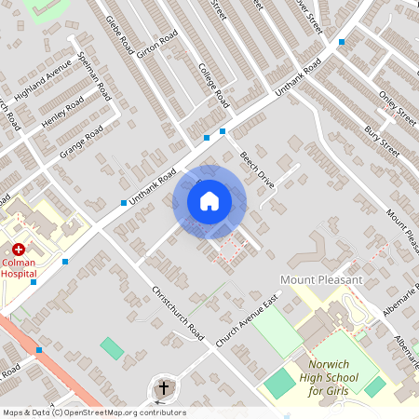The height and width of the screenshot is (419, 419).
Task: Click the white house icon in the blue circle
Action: click(x=209, y=201)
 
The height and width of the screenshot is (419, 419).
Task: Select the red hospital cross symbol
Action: click(x=18, y=250)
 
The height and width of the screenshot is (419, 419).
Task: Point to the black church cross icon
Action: click(x=164, y=386)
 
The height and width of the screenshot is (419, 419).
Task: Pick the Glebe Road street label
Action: click(x=120, y=35)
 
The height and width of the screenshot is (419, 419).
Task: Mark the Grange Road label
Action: click(x=81, y=142)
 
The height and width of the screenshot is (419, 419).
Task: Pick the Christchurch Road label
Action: click(x=176, y=311)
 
